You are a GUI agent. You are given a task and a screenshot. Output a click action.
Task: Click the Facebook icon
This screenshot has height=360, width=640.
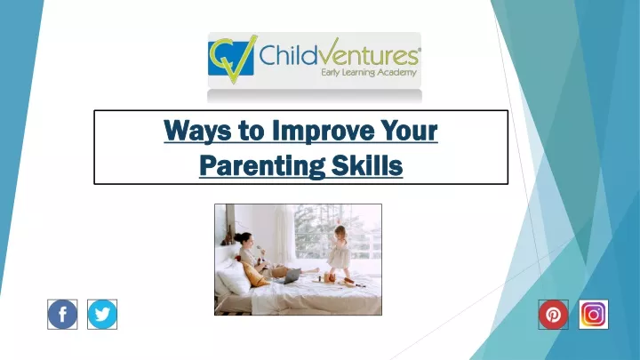point(62,315)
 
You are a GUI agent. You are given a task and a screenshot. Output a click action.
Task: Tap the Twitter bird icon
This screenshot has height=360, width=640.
point(102,315)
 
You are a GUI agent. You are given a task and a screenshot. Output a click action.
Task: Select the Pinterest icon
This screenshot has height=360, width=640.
point(553,315)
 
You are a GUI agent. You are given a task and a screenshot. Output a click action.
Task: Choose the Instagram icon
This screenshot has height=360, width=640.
point(594,315)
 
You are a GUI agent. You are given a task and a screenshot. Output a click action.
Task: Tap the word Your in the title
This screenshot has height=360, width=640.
point(409,131)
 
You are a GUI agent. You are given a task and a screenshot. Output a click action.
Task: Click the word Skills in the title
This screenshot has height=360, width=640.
point(367,165)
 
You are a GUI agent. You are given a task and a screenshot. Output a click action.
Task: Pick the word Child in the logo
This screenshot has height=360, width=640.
point(284,55)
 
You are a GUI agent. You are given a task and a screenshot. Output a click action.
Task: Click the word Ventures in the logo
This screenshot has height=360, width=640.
point(364,53)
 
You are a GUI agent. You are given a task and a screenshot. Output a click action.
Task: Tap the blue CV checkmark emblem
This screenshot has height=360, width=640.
point(232,59)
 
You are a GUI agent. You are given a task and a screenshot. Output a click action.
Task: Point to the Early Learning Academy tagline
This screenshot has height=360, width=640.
point(369,73)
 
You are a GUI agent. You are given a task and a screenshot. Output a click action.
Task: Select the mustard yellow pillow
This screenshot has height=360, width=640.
point(255,275)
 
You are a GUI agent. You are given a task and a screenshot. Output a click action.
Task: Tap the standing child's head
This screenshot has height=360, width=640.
point(340,232)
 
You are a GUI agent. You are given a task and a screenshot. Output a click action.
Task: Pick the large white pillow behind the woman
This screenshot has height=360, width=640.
point(235,276)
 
